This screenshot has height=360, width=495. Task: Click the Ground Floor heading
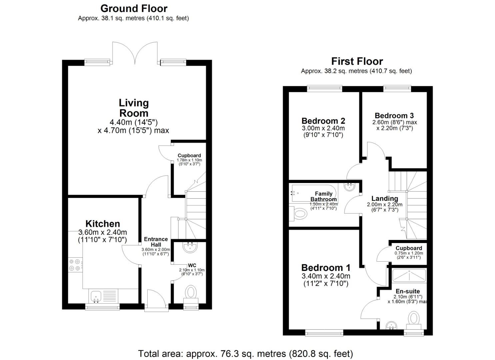[134, 8]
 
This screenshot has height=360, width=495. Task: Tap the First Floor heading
[357, 61]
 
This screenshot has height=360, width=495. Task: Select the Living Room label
[134, 108]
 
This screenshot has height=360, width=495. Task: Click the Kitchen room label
[102, 224]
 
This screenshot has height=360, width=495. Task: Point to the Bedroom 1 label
[326, 268]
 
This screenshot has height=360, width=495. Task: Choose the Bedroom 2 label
[323, 121]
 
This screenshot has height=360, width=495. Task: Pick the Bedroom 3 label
[394, 116]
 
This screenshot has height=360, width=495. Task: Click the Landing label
[385, 198]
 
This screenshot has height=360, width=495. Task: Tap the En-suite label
[407, 291]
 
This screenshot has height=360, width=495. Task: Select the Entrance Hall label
[156, 242]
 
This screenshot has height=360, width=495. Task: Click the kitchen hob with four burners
[75, 265]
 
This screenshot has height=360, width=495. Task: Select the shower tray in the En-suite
[409, 276]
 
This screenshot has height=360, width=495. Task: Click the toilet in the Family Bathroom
[299, 214]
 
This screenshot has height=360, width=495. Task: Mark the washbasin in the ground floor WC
[191, 247]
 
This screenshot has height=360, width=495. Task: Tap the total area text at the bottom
[245, 353]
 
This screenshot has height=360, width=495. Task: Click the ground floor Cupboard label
[189, 155]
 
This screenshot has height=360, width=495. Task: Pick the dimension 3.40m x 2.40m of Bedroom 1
[326, 276]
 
